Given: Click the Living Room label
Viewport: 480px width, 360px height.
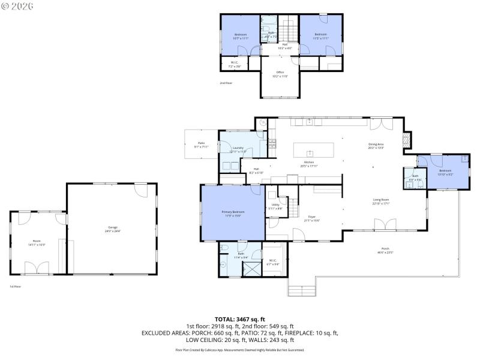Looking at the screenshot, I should (380, 202).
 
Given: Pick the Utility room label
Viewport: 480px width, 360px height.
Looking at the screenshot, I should (275, 206).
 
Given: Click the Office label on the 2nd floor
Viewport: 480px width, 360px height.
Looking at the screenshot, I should (280, 74).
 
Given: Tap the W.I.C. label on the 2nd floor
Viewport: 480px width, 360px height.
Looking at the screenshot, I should (235, 64).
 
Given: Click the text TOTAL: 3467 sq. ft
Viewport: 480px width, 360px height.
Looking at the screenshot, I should (239, 319).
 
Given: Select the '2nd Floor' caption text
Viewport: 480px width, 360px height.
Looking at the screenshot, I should (226, 83).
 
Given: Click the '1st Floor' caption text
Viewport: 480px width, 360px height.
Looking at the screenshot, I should (15, 287).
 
